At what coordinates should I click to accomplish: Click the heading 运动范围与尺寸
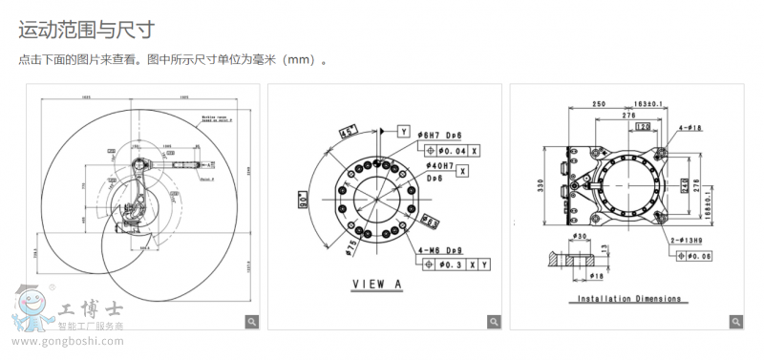pyautogui.click(x=87, y=32)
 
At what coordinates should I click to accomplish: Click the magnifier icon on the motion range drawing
pyautogui.click(x=251, y=322)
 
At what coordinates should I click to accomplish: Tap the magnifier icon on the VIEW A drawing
pyautogui.click(x=493, y=322)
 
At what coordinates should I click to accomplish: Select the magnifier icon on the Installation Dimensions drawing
pyautogui.click(x=734, y=322)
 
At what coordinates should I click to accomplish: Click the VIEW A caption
pyautogui.click(x=377, y=284)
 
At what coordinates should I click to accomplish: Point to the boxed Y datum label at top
pyautogui.click(x=404, y=130)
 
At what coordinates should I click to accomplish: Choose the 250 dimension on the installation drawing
pyautogui.click(x=599, y=103)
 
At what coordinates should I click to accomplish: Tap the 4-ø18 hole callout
pyautogui.click(x=690, y=126)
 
